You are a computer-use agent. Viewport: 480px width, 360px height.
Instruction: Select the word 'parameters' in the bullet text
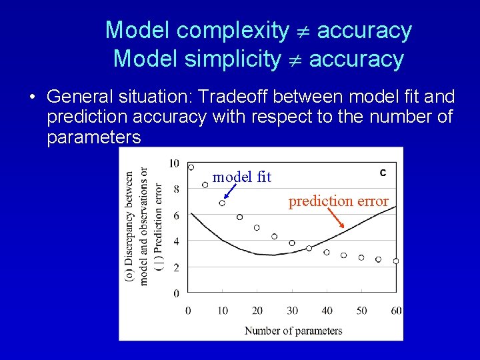[94, 137]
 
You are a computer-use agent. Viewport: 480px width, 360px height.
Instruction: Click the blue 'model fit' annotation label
[241, 177]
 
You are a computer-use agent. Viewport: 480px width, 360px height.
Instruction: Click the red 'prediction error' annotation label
[338, 201]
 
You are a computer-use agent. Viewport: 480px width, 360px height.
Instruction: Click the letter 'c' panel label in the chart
[383, 173]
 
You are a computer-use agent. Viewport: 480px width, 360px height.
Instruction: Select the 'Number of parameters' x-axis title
[293, 331]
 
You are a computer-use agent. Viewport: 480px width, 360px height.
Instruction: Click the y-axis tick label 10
[174, 163]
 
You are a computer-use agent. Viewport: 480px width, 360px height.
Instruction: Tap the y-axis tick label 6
[176, 215]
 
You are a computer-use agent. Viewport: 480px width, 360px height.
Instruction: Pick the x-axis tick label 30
[291, 311]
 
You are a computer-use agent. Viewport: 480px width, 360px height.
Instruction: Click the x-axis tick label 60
[396, 311]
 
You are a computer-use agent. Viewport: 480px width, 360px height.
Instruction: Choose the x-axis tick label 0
[188, 311]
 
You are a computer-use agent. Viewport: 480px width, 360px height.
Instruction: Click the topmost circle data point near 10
[191, 167]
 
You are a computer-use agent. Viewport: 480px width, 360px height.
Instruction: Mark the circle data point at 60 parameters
[396, 261]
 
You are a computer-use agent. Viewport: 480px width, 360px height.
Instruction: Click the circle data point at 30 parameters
[291, 243]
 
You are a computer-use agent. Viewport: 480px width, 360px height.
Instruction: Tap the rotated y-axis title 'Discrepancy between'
[129, 227]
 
